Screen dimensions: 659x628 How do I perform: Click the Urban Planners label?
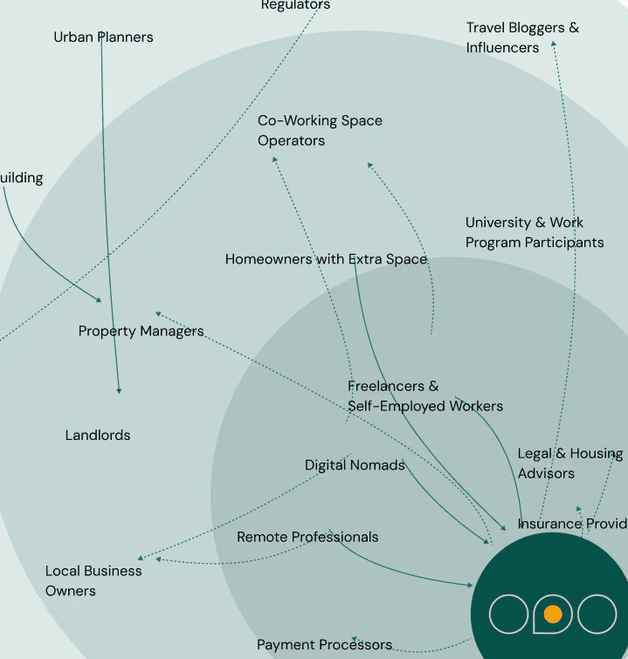tap(103, 37)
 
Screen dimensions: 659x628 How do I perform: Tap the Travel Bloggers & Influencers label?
tap(521, 38)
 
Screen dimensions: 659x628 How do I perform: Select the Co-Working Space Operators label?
tap(320, 130)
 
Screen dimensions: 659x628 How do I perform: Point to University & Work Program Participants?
tap(534, 232)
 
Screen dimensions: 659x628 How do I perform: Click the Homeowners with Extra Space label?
tap(326, 259)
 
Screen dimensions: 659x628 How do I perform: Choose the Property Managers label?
tap(141, 331)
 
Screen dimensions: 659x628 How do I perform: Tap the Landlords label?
tap(98, 435)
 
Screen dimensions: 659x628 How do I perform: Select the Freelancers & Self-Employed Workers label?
tap(424, 395)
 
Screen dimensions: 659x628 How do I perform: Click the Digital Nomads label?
tap(355, 465)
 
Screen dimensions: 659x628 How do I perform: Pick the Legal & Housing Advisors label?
tap(569, 463)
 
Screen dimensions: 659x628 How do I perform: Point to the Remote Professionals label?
tap(307, 537)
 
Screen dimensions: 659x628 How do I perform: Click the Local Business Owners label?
tap(93, 580)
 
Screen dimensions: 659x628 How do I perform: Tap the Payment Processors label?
tap(324, 645)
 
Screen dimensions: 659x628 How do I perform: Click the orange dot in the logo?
tap(552, 614)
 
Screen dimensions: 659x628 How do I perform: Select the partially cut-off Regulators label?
tap(295, 5)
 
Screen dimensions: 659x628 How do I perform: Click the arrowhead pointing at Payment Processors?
tap(354, 640)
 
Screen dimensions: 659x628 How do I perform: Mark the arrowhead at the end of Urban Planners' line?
tap(119, 391)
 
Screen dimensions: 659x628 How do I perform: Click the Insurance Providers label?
tap(572, 524)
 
